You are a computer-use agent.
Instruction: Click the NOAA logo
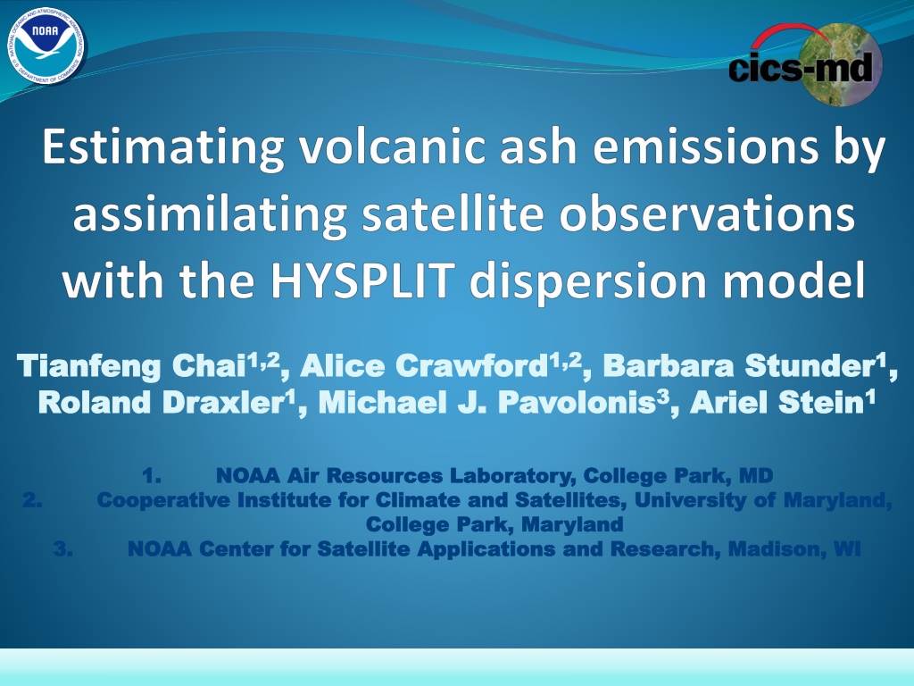pyautogui.click(x=46, y=46)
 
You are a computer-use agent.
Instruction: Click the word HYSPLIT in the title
pyautogui.click(x=362, y=280)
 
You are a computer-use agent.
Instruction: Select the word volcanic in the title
pyautogui.click(x=393, y=146)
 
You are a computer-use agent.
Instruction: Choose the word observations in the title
pyautogui.click(x=707, y=213)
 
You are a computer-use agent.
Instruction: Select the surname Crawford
pyautogui.click(x=469, y=365)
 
